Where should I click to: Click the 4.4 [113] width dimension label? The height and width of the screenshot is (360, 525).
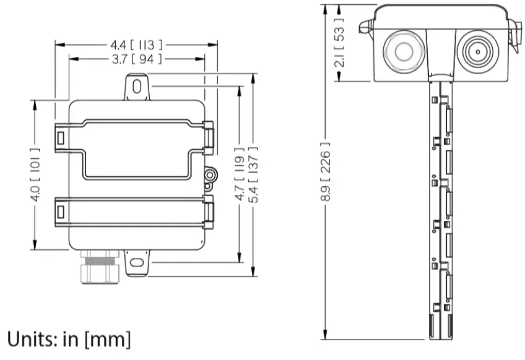(x=136, y=45)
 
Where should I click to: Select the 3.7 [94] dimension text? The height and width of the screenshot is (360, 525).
(x=136, y=59)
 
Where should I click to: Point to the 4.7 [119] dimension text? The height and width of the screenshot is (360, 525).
(x=239, y=174)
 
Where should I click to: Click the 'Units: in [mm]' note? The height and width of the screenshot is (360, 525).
(x=69, y=339)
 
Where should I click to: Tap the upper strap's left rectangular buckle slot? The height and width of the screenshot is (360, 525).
(x=61, y=138)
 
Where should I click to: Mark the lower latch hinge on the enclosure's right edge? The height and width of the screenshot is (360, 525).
(x=209, y=212)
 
